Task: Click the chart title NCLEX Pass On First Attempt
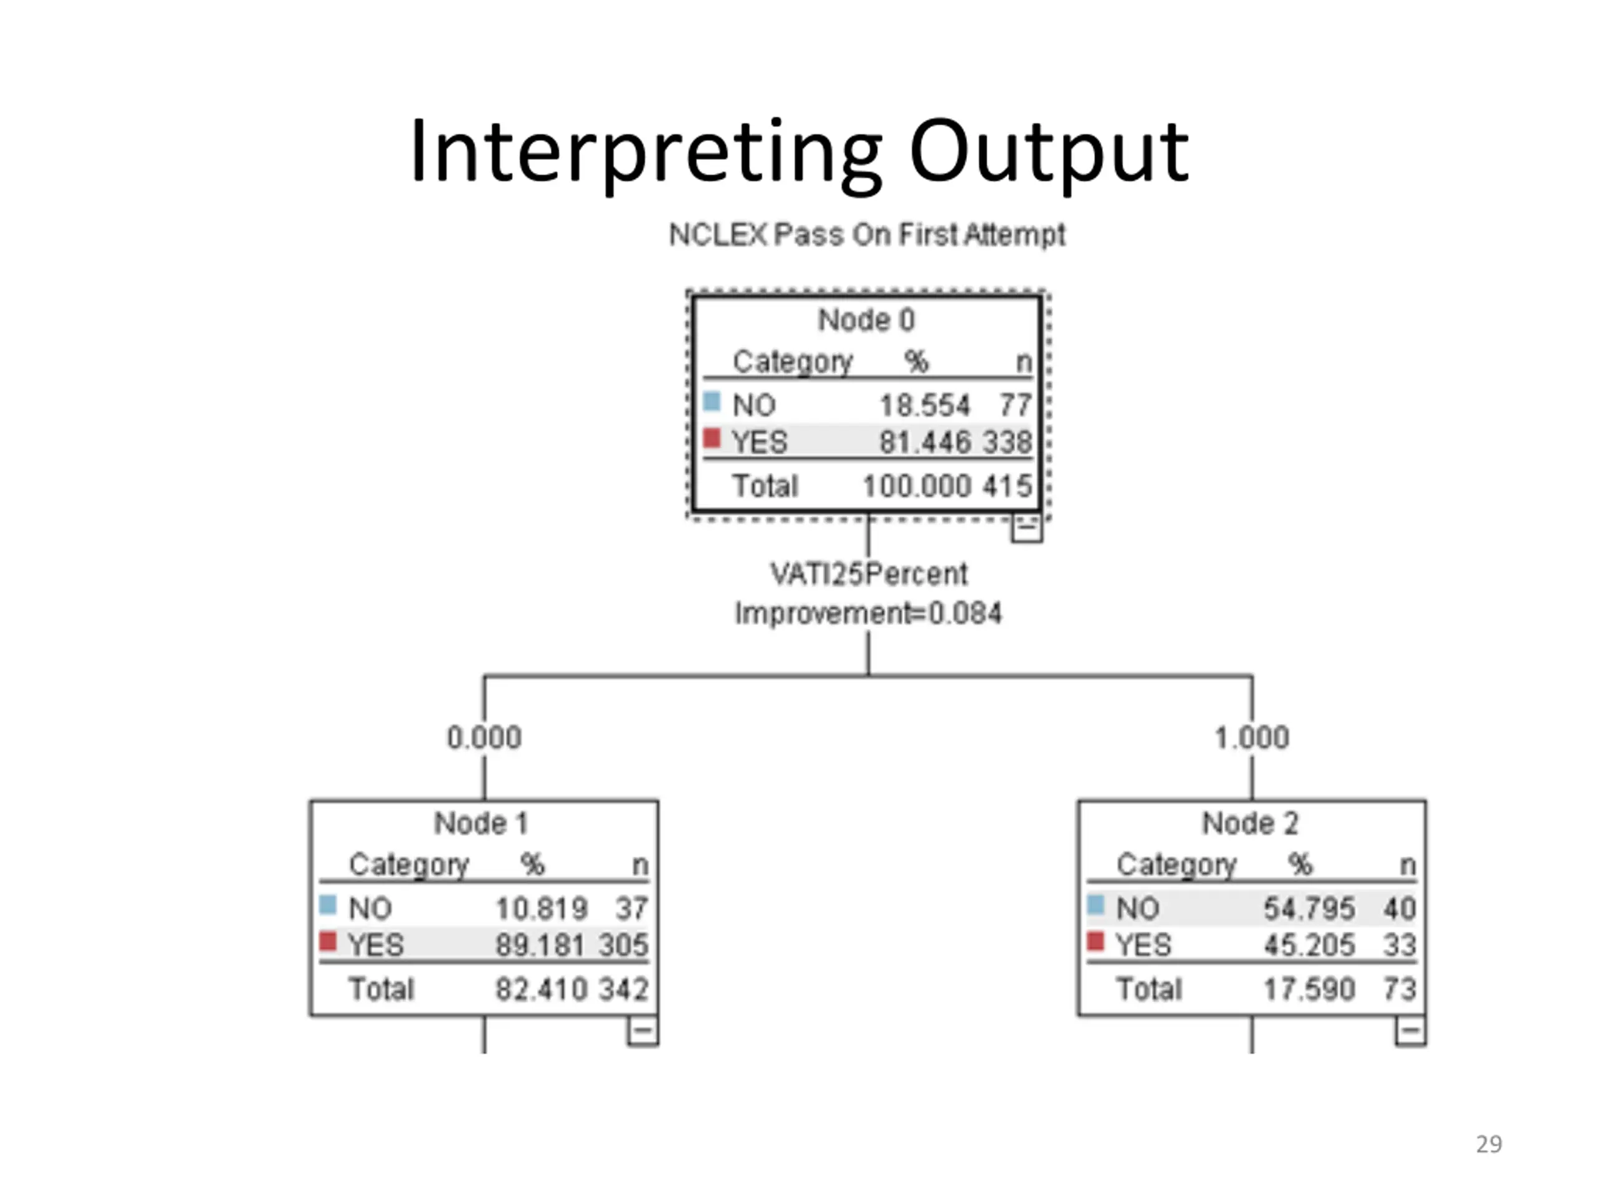click(x=867, y=235)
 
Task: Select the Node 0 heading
click(x=866, y=320)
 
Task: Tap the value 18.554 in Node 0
click(x=924, y=405)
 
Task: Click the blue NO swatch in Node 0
click(x=712, y=401)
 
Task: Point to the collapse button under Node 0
click(x=1026, y=528)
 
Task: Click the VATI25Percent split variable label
click(x=868, y=574)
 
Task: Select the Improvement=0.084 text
click(x=868, y=613)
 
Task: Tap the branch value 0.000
click(x=483, y=737)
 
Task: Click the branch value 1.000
click(x=1252, y=737)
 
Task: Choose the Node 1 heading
click(x=482, y=822)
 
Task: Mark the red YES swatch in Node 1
click(x=328, y=941)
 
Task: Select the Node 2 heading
click(x=1250, y=822)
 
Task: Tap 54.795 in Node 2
click(x=1309, y=909)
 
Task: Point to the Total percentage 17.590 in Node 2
click(x=1309, y=989)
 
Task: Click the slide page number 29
click(x=1489, y=1144)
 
